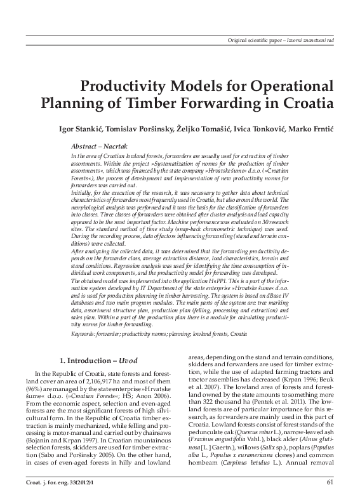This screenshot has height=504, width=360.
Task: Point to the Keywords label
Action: [83, 332]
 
